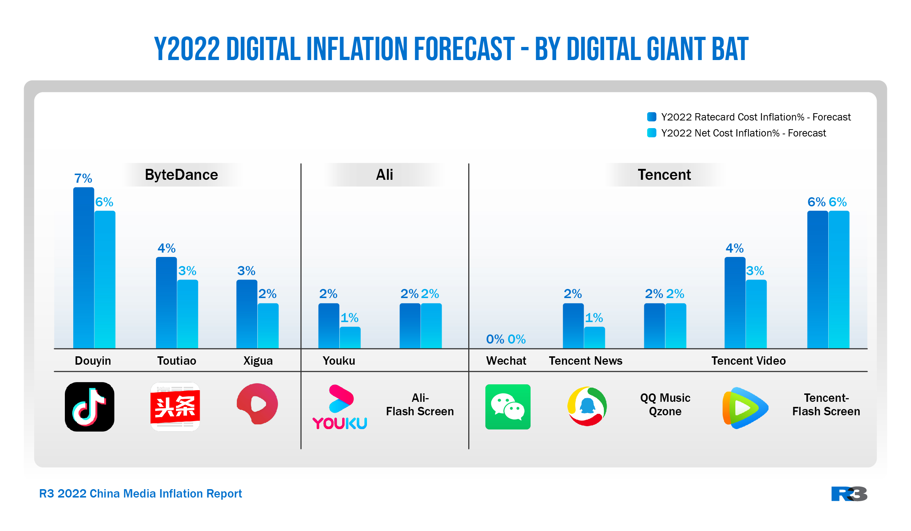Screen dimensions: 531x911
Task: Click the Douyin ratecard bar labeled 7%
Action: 83,268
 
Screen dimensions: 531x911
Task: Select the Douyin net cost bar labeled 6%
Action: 105,280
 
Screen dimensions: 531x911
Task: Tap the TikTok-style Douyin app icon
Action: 89,407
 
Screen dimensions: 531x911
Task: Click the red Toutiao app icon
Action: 175,407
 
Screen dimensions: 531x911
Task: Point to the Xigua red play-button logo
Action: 257,404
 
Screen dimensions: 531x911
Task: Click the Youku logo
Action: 340,407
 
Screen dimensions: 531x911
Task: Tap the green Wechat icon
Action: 508,407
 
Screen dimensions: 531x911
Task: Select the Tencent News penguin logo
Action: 587,406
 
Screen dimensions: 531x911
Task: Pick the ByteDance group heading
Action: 181,175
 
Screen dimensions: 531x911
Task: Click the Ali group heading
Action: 384,175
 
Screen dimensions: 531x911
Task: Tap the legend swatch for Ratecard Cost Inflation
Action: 652,117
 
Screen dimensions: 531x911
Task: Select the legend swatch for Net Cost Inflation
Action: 652,133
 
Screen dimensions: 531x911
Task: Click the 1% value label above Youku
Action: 349,318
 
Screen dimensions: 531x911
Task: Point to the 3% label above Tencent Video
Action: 755,271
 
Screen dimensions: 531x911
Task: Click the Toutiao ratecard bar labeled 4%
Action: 166,302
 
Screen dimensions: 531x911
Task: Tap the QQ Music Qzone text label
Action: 665,404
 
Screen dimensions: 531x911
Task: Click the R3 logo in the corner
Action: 849,494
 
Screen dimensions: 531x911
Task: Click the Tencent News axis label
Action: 586,361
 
